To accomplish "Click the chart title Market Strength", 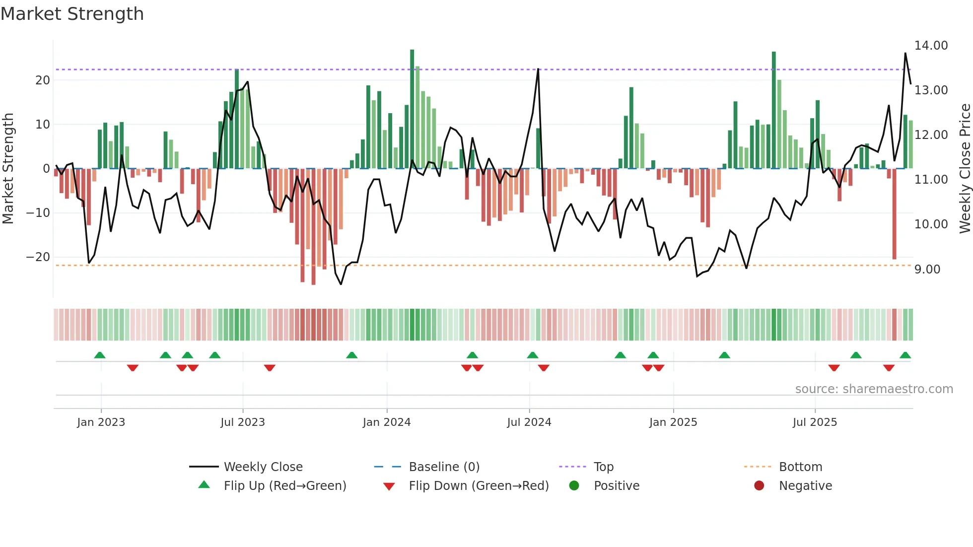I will (72, 14).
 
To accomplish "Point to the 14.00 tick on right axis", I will (931, 46).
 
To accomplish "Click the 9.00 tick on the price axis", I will (927, 270).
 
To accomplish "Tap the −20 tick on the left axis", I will (38, 257).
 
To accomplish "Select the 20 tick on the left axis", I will (43, 80).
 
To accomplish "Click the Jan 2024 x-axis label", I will (387, 422).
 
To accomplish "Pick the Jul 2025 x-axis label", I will (815, 422).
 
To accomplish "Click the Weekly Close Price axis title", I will (965, 169).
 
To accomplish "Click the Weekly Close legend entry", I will (263, 467).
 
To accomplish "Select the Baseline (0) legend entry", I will (444, 467).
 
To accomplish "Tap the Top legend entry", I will (603, 467).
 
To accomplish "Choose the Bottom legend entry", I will (800, 467).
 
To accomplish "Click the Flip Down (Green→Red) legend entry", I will (478, 486).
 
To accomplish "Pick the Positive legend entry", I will (616, 486).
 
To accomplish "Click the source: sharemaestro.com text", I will (874, 389).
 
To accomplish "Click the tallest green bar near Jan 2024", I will (412, 109).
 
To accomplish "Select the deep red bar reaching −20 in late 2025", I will (894, 213).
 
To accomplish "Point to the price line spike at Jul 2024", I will (538, 70).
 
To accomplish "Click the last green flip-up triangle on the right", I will (905, 355).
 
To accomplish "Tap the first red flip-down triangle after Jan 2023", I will (133, 368).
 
